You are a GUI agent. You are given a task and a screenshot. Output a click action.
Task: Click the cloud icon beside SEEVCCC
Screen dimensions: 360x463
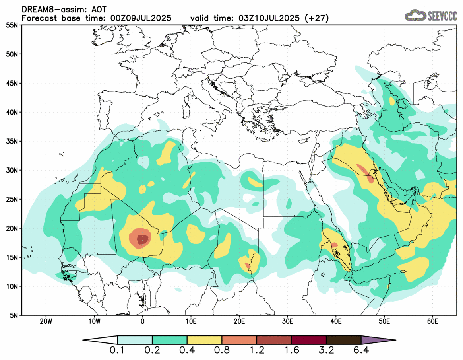coord(415,16)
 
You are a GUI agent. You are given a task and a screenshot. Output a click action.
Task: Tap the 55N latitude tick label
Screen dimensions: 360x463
coord(13,25)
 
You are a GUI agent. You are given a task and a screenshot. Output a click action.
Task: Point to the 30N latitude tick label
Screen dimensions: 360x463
coord(13,170)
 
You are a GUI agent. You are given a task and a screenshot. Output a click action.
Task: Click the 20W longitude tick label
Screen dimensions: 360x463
coord(46,321)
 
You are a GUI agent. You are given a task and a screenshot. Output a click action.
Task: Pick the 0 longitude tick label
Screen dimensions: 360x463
coord(143,321)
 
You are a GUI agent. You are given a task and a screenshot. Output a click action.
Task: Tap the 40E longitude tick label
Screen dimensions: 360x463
coord(336,321)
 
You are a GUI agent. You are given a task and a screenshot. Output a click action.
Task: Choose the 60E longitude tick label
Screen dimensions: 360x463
coord(432,321)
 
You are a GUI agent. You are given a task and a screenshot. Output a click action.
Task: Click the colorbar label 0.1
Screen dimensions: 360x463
coord(118,351)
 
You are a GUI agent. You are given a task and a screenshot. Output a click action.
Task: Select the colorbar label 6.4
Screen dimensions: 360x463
coord(361,351)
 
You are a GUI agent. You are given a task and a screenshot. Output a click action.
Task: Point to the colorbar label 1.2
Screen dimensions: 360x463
coord(257,351)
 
